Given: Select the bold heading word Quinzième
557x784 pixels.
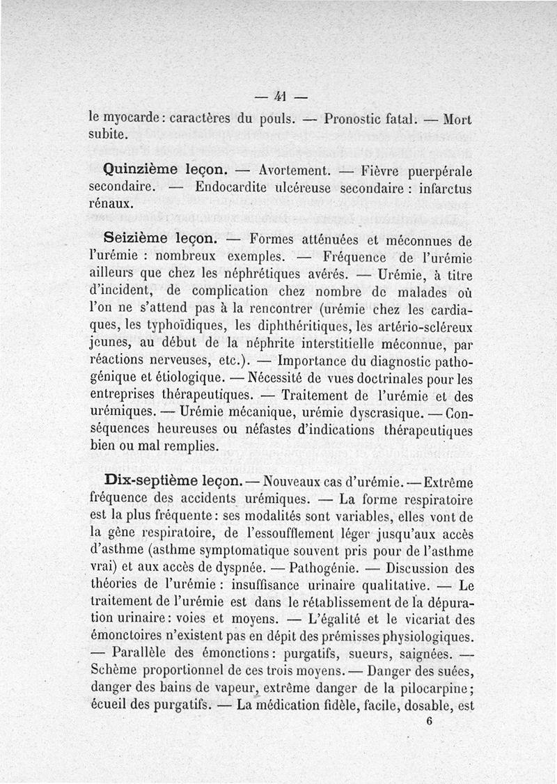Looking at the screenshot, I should [141, 169].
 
